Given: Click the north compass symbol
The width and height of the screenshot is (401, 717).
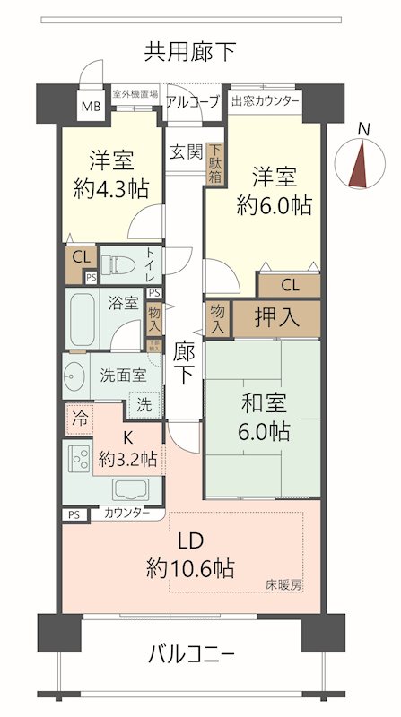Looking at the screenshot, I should [361, 162].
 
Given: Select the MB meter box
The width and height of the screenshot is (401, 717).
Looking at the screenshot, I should [92, 107].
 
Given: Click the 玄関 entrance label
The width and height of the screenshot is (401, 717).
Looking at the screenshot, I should [186, 150].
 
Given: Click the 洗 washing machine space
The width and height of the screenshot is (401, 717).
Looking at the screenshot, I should [144, 404].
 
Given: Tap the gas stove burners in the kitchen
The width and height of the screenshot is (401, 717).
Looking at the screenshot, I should [78, 459].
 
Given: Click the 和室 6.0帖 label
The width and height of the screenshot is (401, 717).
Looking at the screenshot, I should [263, 417].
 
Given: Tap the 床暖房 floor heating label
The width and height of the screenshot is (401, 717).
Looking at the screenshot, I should [283, 585].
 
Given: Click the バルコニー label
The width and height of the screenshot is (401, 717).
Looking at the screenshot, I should [190, 654].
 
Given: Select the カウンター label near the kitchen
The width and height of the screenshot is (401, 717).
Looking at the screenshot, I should [126, 514].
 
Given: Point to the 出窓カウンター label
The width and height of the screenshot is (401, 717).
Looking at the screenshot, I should [266, 100].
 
